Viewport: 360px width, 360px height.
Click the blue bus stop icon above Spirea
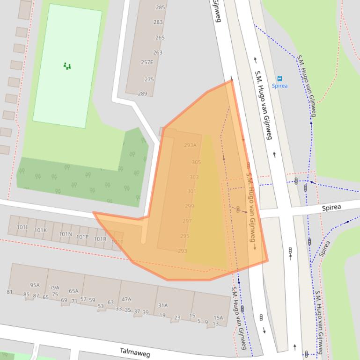click(x=279, y=79)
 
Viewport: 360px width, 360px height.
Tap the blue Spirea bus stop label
click(x=279, y=86)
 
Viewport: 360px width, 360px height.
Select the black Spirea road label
click(x=331, y=207)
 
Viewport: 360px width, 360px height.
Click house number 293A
click(x=190, y=145)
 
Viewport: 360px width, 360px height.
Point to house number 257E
click(x=147, y=62)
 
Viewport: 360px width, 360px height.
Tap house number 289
click(x=142, y=94)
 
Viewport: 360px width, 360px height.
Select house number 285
click(x=160, y=7)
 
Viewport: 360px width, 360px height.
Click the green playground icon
click(x=67, y=66)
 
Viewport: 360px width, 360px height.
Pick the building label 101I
click(x=22, y=228)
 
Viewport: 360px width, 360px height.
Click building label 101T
click(x=117, y=242)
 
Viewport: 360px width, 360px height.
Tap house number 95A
click(x=35, y=285)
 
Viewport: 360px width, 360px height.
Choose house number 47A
click(x=126, y=299)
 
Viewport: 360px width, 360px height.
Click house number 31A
click(x=162, y=305)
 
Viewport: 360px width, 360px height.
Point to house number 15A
click(x=218, y=317)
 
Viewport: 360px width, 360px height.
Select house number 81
click(x=9, y=292)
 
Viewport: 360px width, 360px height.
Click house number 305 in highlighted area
click(x=196, y=162)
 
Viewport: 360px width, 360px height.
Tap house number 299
click(x=189, y=206)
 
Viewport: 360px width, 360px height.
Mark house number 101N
click(x=66, y=234)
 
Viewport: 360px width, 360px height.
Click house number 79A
click(x=55, y=288)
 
